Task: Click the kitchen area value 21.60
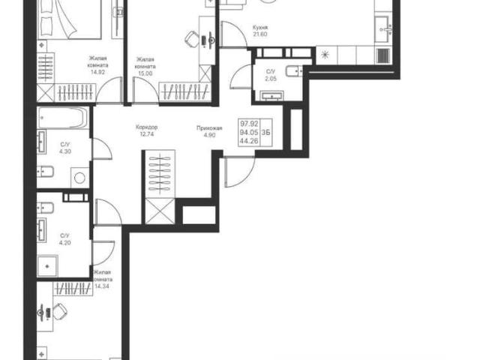(x=260, y=34)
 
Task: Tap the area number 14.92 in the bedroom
(x=97, y=73)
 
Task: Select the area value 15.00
(x=145, y=73)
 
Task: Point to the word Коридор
(x=147, y=127)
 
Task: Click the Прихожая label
(x=209, y=128)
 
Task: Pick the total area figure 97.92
(x=249, y=124)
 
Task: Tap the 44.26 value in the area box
(x=249, y=141)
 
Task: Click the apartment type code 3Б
(x=266, y=132)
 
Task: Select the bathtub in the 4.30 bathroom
(x=62, y=118)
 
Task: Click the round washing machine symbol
(x=80, y=178)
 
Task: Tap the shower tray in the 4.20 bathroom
(x=47, y=266)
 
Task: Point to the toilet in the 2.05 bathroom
(x=294, y=72)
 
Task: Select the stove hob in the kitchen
(x=383, y=55)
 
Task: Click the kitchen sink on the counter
(x=384, y=29)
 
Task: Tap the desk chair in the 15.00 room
(x=192, y=39)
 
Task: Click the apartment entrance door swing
(x=240, y=172)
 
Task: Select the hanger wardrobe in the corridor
(x=159, y=174)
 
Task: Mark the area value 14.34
(x=102, y=286)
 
